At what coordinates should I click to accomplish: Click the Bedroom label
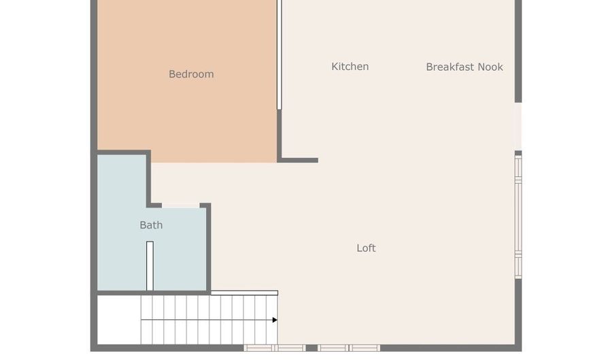pyautogui.click(x=191, y=74)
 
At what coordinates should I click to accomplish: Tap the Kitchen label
pyautogui.click(x=350, y=67)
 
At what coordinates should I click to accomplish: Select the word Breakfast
pyautogui.click(x=449, y=67)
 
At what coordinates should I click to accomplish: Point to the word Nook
pyautogui.click(x=490, y=67)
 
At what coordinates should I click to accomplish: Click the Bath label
pyautogui.click(x=151, y=225)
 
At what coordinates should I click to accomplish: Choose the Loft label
pyautogui.click(x=366, y=248)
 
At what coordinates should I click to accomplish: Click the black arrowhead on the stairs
pyautogui.click(x=275, y=320)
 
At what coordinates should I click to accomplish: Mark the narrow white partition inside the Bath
pyautogui.click(x=150, y=265)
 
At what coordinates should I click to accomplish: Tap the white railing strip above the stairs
pyautogui.click(x=244, y=293)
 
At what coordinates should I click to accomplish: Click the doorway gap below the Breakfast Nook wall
pyautogui.click(x=518, y=127)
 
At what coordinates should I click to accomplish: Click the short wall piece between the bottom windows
pyautogui.click(x=311, y=348)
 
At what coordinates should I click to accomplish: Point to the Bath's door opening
pyautogui.click(x=181, y=204)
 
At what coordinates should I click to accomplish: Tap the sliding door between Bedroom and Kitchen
pyautogui.click(x=279, y=54)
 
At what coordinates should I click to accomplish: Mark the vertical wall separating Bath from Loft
pyautogui.click(x=209, y=248)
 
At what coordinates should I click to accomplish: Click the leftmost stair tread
pyautogui.click(x=146, y=320)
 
